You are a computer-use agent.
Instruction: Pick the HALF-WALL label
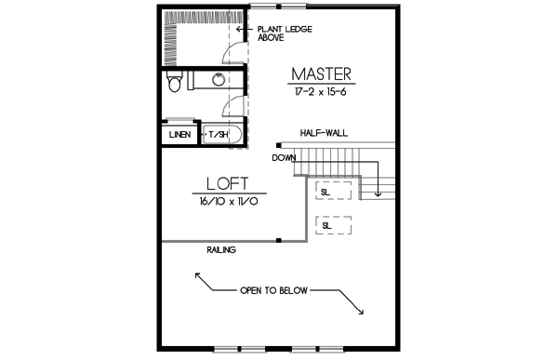pyautogui.click(x=324, y=134)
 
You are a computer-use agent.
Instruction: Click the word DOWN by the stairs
pyautogui.click(x=284, y=157)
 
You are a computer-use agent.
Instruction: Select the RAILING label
pyautogui.click(x=221, y=249)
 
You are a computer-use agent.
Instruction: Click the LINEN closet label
pyautogui.click(x=180, y=136)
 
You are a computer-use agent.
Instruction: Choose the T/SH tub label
pyautogui.click(x=218, y=136)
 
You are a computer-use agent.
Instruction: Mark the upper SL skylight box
pyautogui.click(x=334, y=192)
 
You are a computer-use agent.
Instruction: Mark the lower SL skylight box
pyautogui.click(x=334, y=225)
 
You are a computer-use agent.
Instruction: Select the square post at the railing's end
pyautogui.click(x=278, y=241)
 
